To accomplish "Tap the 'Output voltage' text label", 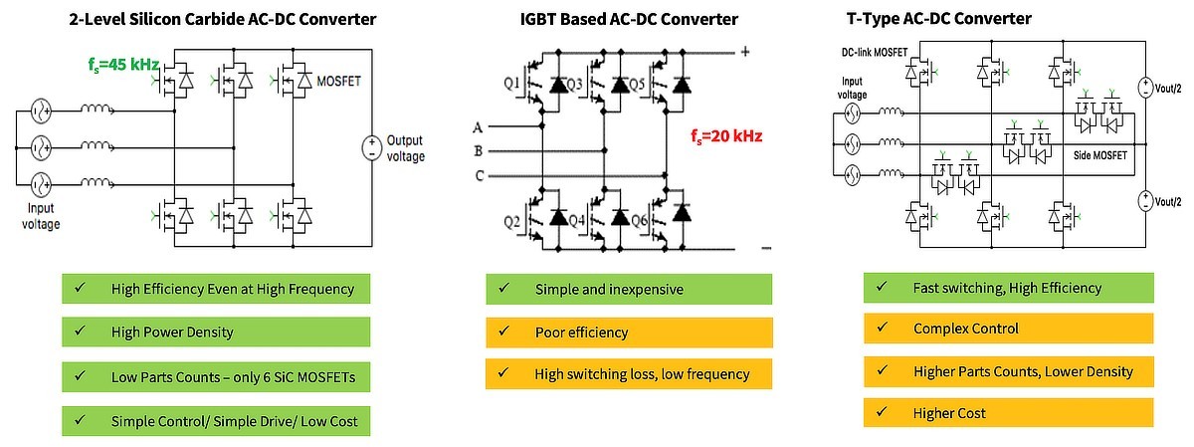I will click(x=405, y=148).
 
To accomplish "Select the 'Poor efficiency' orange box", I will click(x=629, y=332).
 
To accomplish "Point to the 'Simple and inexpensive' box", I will click(x=629, y=290).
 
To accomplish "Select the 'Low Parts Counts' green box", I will click(x=214, y=377).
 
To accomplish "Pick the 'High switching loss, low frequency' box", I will click(x=629, y=374).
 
